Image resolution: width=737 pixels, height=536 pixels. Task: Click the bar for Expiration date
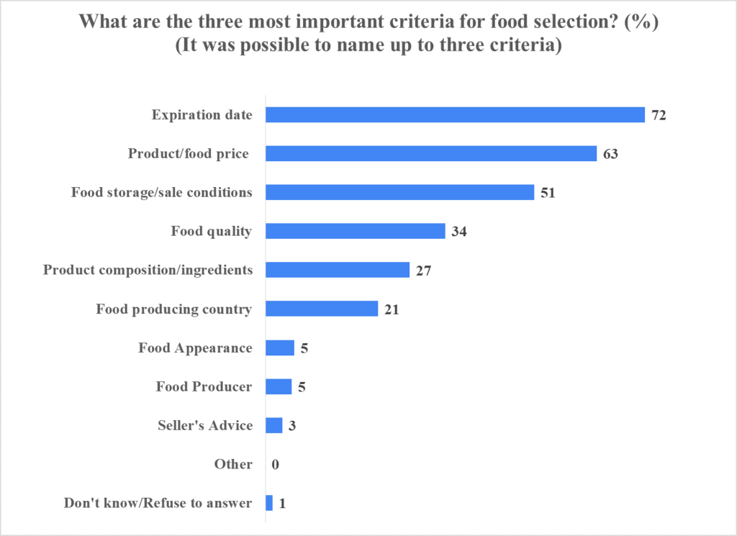click(x=455, y=115)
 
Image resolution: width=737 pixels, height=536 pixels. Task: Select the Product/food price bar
click(x=431, y=154)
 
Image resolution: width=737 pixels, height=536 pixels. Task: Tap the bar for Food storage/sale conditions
click(x=399, y=192)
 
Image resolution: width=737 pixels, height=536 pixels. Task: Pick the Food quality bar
click(x=356, y=231)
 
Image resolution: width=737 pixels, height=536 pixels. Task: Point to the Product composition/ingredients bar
click(x=338, y=270)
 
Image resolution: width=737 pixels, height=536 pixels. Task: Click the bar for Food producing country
click(x=322, y=309)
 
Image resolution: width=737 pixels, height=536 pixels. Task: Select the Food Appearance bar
click(x=280, y=348)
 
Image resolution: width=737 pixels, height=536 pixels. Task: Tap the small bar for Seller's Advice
click(x=274, y=426)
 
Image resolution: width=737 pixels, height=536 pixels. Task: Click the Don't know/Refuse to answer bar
click(x=269, y=503)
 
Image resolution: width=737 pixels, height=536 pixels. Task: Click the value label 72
click(x=659, y=116)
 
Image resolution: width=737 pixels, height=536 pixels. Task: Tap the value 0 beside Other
click(x=276, y=465)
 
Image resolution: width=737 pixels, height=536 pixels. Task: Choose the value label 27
click(x=423, y=271)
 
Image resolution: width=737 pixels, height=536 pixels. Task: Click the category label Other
click(x=233, y=465)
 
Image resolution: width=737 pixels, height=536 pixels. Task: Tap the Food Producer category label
click(x=204, y=387)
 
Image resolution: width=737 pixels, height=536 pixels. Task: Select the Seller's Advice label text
click(x=205, y=426)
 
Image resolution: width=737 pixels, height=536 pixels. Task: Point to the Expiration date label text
click(x=202, y=115)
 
